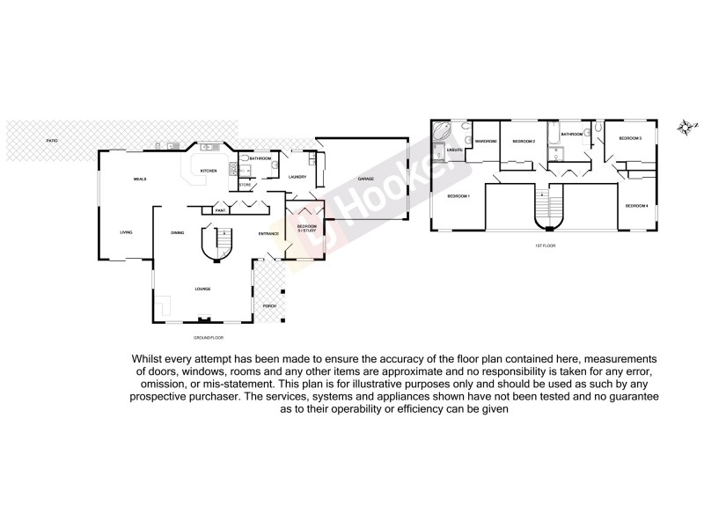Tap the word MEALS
tap(139, 179)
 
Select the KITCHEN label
tap(209, 171)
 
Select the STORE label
tap(246, 185)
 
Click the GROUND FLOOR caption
tap(209, 337)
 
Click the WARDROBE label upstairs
tap(486, 142)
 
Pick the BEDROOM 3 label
tap(629, 138)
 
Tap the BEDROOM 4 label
tap(635, 205)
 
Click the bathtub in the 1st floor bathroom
tap(553, 135)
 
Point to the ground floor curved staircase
tap(216, 242)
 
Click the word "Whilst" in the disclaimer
tap(149, 359)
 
